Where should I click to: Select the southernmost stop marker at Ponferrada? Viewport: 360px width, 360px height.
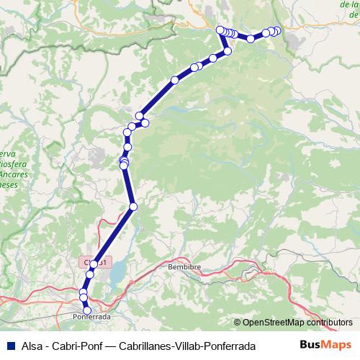pos(88,310)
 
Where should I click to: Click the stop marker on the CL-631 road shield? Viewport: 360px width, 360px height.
pos(94,264)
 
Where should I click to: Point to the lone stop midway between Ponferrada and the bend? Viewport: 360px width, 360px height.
pos(132,207)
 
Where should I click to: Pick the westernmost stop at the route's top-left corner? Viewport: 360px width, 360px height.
pos(220,30)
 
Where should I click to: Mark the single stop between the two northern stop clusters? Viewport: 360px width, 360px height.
pos(251,39)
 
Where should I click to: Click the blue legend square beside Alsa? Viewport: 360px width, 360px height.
pos(9,346)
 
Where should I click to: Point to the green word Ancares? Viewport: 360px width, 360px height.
pos(14,174)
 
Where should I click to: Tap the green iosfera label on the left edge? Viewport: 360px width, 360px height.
pos(10,164)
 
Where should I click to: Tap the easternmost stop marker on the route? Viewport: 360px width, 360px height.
pos(277,30)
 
